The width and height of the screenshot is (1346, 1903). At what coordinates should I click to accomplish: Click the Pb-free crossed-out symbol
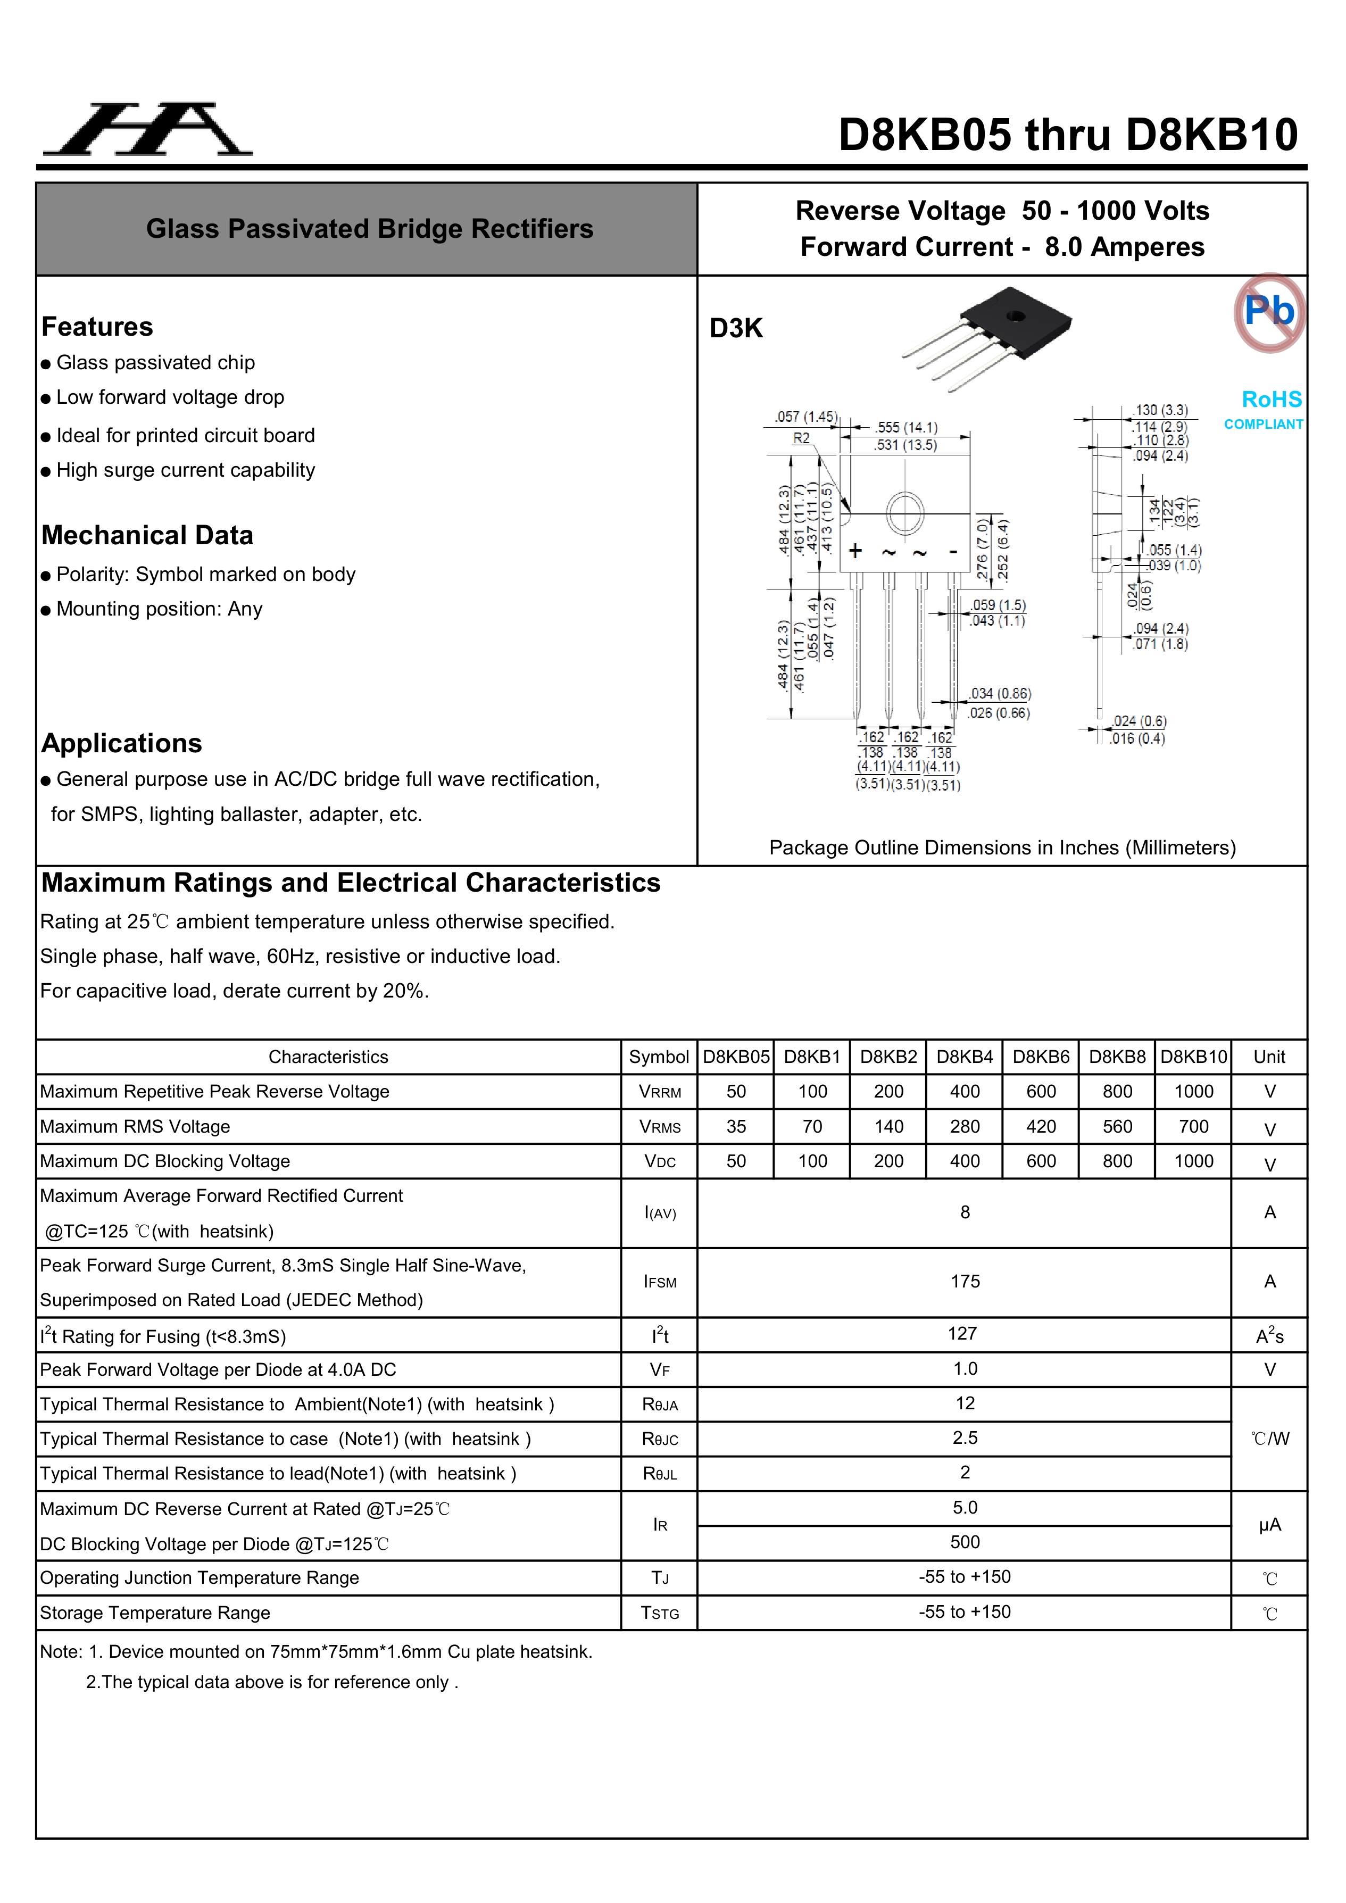tap(1269, 312)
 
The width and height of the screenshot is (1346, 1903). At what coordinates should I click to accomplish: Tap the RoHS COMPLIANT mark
tap(1265, 410)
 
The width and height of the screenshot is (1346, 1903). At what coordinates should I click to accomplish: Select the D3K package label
tap(735, 328)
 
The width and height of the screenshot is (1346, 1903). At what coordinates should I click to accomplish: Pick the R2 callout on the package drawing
tap(801, 438)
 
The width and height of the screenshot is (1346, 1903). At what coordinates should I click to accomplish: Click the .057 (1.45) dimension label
tap(805, 417)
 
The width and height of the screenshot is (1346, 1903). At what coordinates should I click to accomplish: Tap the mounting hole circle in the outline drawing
tap(905, 513)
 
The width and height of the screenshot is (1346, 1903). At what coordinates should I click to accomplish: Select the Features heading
tap(97, 327)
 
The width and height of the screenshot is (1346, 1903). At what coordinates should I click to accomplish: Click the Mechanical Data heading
tap(147, 535)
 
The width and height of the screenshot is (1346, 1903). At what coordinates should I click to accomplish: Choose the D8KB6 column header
tap(1041, 1057)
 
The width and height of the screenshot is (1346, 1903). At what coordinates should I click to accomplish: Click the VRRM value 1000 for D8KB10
tap(1193, 1092)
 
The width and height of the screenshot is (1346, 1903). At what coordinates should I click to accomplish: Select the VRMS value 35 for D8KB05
tap(736, 1126)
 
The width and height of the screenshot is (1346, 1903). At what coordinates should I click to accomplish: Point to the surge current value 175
tap(965, 1282)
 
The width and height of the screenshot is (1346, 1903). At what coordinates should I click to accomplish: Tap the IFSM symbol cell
tap(660, 1282)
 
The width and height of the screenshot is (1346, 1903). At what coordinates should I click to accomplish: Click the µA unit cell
tap(1269, 1525)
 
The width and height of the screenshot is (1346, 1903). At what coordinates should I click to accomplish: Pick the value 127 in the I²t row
tap(962, 1334)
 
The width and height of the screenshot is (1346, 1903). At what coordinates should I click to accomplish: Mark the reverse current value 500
tap(965, 1542)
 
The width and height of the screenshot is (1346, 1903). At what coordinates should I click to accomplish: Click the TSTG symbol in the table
tap(660, 1613)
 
